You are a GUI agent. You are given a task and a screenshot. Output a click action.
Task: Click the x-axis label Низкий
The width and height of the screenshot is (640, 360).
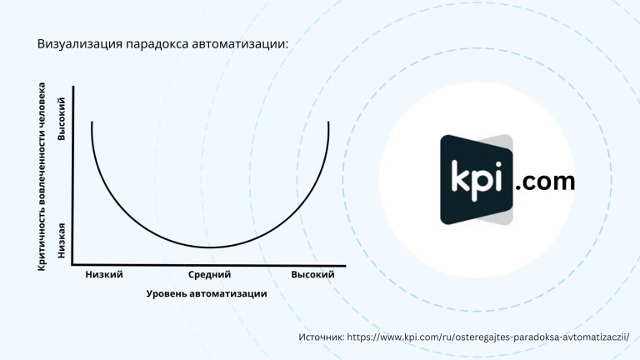tap(104, 275)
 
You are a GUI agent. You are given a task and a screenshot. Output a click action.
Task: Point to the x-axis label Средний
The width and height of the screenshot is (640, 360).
tap(209, 275)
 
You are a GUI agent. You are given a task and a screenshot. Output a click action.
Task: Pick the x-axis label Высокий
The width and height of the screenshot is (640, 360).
tap(312, 275)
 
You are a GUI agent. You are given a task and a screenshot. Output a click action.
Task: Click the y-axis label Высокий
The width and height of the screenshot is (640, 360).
tap(61, 119)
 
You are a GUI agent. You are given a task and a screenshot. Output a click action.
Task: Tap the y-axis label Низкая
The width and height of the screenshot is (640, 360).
tap(61, 240)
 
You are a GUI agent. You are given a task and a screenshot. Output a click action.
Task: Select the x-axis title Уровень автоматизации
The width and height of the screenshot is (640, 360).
tap(207, 294)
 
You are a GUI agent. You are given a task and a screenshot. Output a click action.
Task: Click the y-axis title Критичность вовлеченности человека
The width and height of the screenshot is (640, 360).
tap(42, 177)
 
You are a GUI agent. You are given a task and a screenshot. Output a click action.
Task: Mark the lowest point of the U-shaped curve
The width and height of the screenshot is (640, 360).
tap(210, 247)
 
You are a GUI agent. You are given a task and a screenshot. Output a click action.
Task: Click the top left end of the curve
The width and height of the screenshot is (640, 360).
tap(92, 122)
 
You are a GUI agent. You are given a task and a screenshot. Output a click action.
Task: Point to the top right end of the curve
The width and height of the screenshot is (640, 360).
tap(328, 122)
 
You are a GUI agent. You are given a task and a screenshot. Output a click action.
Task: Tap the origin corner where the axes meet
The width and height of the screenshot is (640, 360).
tap(72, 265)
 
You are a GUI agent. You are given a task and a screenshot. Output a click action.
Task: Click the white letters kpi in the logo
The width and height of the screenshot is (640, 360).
tap(477, 180)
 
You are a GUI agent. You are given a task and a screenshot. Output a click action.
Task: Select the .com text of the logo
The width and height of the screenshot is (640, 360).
tap(545, 182)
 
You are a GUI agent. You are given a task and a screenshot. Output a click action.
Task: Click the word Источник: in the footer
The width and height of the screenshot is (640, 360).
tap(322, 337)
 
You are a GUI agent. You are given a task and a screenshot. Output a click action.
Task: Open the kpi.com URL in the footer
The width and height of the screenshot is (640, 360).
tap(488, 337)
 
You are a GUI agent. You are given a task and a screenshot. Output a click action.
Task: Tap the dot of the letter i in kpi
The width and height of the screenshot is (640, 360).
tap(497, 164)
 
